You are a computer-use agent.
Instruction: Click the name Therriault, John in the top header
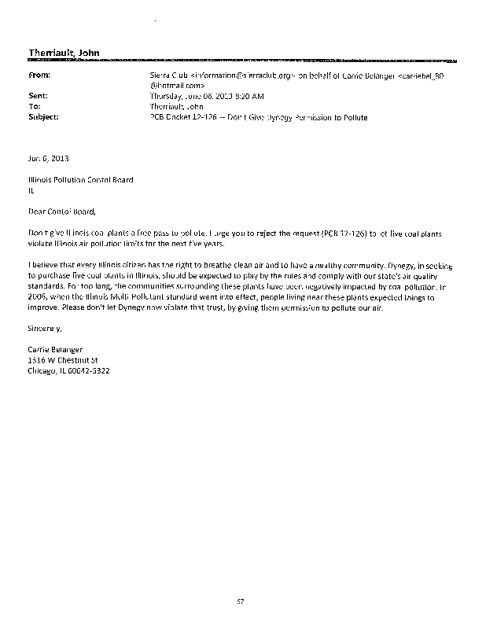point(64,53)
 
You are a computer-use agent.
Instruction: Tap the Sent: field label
point(38,95)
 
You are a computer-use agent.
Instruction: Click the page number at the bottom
point(242,601)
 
